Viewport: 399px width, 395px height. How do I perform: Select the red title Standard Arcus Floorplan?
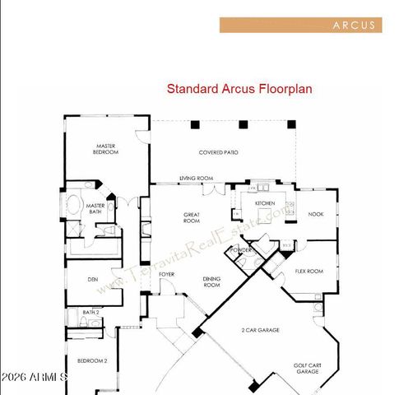pos(228,89)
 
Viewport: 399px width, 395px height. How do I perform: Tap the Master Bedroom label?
pos(104,150)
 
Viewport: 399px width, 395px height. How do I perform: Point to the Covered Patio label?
pos(219,152)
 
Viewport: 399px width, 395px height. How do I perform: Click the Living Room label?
pos(197,178)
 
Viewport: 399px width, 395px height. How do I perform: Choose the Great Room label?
pos(192,218)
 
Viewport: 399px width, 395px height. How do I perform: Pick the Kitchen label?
pos(264,202)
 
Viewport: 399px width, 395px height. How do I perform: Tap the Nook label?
pos(315,214)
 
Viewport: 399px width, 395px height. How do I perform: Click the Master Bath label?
pos(95,209)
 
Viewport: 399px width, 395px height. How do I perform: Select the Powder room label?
pos(241,249)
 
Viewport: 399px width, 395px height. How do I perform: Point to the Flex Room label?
pos(309,271)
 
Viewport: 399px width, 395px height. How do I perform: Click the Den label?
pos(94,278)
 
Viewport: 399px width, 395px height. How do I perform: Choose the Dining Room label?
pos(211,281)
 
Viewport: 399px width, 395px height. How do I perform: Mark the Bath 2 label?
pos(90,313)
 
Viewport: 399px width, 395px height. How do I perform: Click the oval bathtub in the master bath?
pos(74,206)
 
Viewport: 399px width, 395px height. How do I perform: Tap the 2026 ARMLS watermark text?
pos(35,377)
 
